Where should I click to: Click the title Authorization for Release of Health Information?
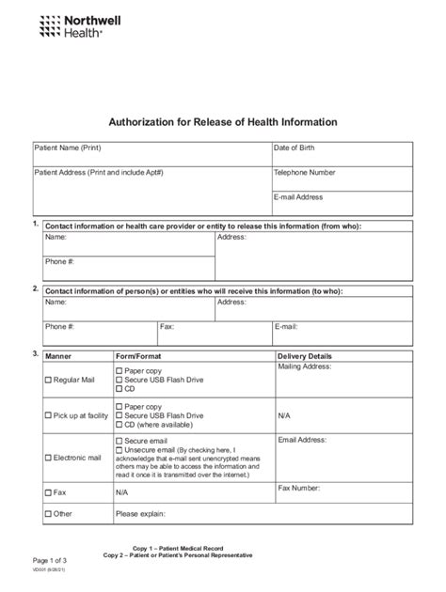pyautogui.click(x=223, y=122)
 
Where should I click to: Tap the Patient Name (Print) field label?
pyautogui.click(x=68, y=148)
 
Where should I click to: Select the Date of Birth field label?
pyautogui.click(x=295, y=148)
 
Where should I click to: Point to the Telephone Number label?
pyautogui.click(x=304, y=173)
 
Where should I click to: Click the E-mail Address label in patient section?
pyautogui.click(x=298, y=197)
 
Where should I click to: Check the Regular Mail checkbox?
pyautogui.click(x=49, y=381)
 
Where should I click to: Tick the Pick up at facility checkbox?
pyautogui.click(x=49, y=415)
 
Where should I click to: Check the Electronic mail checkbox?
pyautogui.click(x=49, y=459)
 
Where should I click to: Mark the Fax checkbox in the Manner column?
pyautogui.click(x=49, y=492)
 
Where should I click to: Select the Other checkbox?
pyautogui.click(x=49, y=515)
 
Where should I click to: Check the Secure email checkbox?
pyautogui.click(x=119, y=440)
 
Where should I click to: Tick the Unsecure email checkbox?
pyautogui.click(x=119, y=449)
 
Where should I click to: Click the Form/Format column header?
pyautogui.click(x=137, y=357)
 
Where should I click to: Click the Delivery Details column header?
pyautogui.click(x=304, y=357)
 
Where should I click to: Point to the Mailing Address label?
pyautogui.click(x=304, y=368)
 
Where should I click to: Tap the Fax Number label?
pyautogui.click(x=299, y=488)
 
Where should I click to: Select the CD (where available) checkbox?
pyautogui.click(x=119, y=424)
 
